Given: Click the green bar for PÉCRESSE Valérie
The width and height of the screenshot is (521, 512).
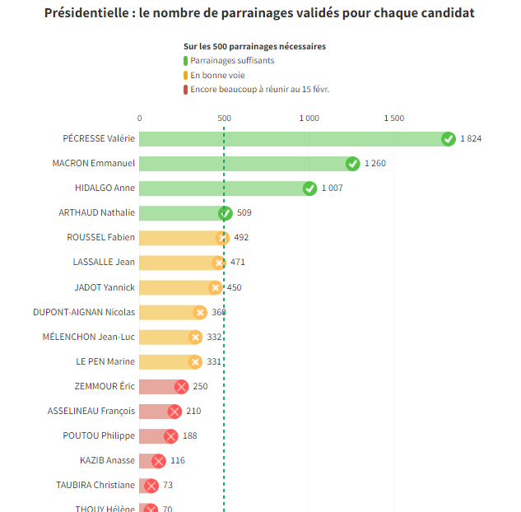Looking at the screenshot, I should pos(292,139).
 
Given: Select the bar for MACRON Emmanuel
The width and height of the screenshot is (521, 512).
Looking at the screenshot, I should pos(245,164).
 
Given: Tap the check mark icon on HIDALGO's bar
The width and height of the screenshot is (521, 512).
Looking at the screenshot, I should pos(309,189).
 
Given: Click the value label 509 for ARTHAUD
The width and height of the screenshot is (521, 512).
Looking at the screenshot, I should pos(244,213).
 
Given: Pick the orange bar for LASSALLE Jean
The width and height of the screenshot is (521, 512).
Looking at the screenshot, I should pos(178,263).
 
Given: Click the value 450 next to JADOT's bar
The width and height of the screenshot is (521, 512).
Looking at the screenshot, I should pos(234,287).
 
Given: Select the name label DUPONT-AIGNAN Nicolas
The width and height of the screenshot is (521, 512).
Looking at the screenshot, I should pos(84,312).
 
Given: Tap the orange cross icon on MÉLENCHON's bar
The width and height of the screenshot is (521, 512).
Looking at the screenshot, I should pos(195,337).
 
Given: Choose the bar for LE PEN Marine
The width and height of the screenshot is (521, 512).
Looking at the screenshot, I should pos(166,361).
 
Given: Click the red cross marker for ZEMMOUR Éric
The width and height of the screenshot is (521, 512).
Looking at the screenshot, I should pos(181,387).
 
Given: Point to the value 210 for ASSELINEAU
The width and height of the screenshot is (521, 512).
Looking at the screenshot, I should pos(193,412).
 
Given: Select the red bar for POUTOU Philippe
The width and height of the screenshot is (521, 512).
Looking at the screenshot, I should pos(154,436).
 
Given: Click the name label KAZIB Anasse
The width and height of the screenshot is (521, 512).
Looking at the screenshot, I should pos(107,461).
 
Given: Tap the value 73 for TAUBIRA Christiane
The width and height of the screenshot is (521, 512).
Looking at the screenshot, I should pos(167,486).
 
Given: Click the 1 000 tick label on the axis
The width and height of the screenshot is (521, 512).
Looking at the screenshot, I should pos(309,119).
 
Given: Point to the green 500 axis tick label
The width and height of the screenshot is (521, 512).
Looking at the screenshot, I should pos(224,119).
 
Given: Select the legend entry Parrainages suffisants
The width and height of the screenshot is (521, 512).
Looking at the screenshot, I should pos(232,61).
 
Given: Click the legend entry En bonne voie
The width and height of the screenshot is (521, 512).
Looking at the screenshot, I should pos(217,75).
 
